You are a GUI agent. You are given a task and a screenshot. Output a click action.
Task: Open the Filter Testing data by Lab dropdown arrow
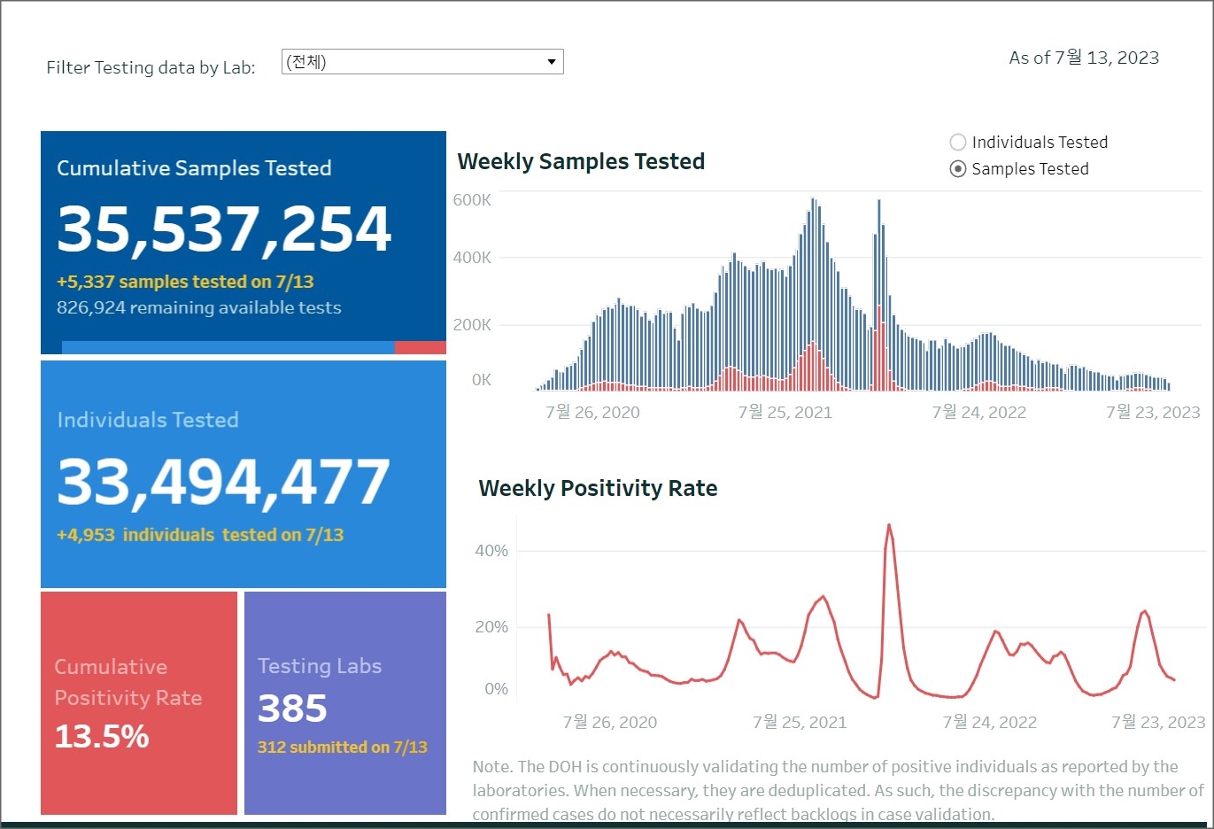pyautogui.click(x=551, y=62)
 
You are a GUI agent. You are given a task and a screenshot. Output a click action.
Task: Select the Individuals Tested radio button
pyautogui.click(x=957, y=143)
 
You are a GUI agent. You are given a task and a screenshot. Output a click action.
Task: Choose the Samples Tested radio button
pyautogui.click(x=957, y=169)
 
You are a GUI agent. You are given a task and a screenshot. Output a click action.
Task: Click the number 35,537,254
pyautogui.click(x=224, y=229)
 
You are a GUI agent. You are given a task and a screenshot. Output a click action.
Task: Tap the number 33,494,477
pyautogui.click(x=223, y=483)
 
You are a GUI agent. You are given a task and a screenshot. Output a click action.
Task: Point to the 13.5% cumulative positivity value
pyautogui.click(x=102, y=737)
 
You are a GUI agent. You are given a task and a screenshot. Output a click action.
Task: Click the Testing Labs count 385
pyautogui.click(x=292, y=709)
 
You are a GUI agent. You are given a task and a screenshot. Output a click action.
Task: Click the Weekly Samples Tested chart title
pyautogui.click(x=581, y=162)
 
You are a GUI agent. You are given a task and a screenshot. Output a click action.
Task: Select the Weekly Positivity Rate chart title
pyautogui.click(x=598, y=489)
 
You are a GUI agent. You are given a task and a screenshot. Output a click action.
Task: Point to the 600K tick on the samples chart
pyautogui.click(x=472, y=200)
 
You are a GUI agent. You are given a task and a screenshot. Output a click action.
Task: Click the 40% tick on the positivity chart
pyautogui.click(x=491, y=551)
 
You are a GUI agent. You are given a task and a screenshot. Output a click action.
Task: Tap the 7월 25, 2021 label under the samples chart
pyautogui.click(x=785, y=413)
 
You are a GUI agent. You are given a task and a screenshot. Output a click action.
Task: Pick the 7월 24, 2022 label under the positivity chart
pyautogui.click(x=989, y=723)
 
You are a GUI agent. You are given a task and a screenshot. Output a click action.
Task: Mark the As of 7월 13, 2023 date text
pyautogui.click(x=1084, y=58)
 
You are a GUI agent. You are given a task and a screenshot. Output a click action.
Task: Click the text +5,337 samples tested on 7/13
pyautogui.click(x=185, y=282)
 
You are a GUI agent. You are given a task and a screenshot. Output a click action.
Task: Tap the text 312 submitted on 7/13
pyautogui.click(x=342, y=748)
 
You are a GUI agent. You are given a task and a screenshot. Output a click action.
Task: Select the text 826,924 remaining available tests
pyautogui.click(x=198, y=308)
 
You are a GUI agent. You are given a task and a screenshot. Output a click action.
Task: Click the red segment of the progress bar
pyautogui.click(x=420, y=348)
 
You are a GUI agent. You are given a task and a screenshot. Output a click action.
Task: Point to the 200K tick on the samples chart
pyautogui.click(x=472, y=325)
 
